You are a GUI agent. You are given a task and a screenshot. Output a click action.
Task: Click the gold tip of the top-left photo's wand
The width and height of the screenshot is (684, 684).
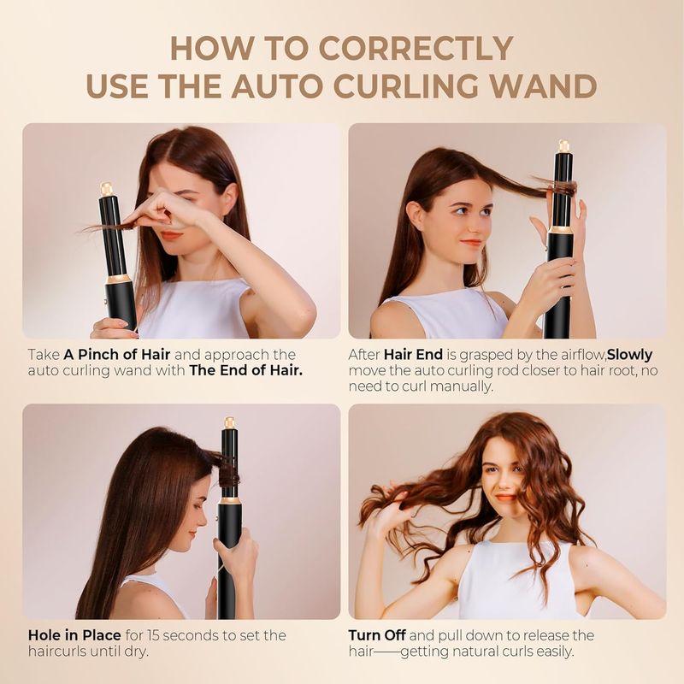(x=107, y=188)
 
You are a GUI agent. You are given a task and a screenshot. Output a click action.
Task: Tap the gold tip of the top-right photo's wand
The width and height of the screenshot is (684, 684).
(x=563, y=146)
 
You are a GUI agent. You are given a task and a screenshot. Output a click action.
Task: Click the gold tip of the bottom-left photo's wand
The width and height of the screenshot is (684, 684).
(x=229, y=422)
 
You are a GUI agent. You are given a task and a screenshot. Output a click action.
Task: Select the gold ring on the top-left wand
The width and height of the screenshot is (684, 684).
(x=119, y=279)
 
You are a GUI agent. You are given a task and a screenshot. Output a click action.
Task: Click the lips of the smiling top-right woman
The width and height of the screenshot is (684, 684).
(x=472, y=243)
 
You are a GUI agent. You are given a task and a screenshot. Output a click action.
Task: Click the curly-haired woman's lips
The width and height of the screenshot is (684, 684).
(x=504, y=497)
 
